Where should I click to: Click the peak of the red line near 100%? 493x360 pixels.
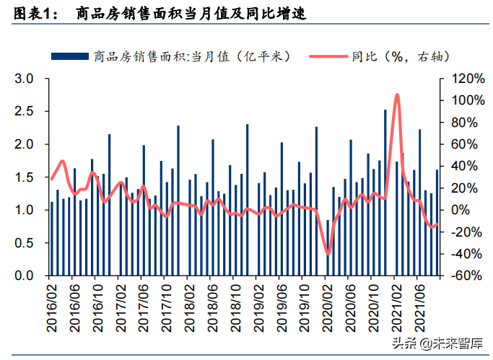point(397,95)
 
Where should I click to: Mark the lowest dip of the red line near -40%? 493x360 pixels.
point(328,253)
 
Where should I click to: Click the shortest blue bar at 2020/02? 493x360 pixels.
point(328,247)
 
